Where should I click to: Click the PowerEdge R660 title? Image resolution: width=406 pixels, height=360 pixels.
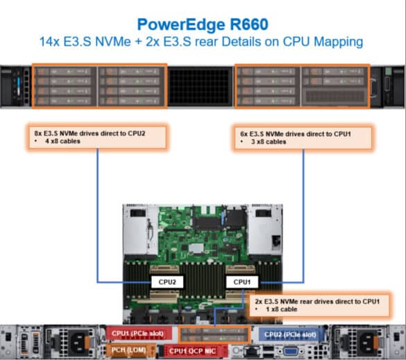tap(203, 24)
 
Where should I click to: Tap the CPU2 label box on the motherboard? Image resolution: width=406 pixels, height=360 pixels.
tap(167, 282)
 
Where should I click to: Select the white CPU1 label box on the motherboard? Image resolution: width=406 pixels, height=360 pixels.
tap(242, 282)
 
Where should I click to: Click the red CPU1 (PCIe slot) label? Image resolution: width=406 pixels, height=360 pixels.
tap(137, 334)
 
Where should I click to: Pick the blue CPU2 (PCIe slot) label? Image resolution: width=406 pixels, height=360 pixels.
tap(290, 334)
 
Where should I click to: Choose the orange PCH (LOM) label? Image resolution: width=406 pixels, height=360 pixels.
tap(128, 350)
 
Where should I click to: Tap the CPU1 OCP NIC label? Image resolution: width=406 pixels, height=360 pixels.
tap(192, 351)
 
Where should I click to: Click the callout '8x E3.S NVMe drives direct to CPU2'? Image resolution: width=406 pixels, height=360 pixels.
tap(97, 137)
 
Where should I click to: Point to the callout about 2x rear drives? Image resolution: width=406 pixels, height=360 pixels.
tap(320, 305)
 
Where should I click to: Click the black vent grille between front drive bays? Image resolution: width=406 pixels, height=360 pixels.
tap(200, 86)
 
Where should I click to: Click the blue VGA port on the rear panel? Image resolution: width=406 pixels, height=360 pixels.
tap(291, 352)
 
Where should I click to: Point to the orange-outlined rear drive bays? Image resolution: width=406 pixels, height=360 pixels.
tap(214, 335)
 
